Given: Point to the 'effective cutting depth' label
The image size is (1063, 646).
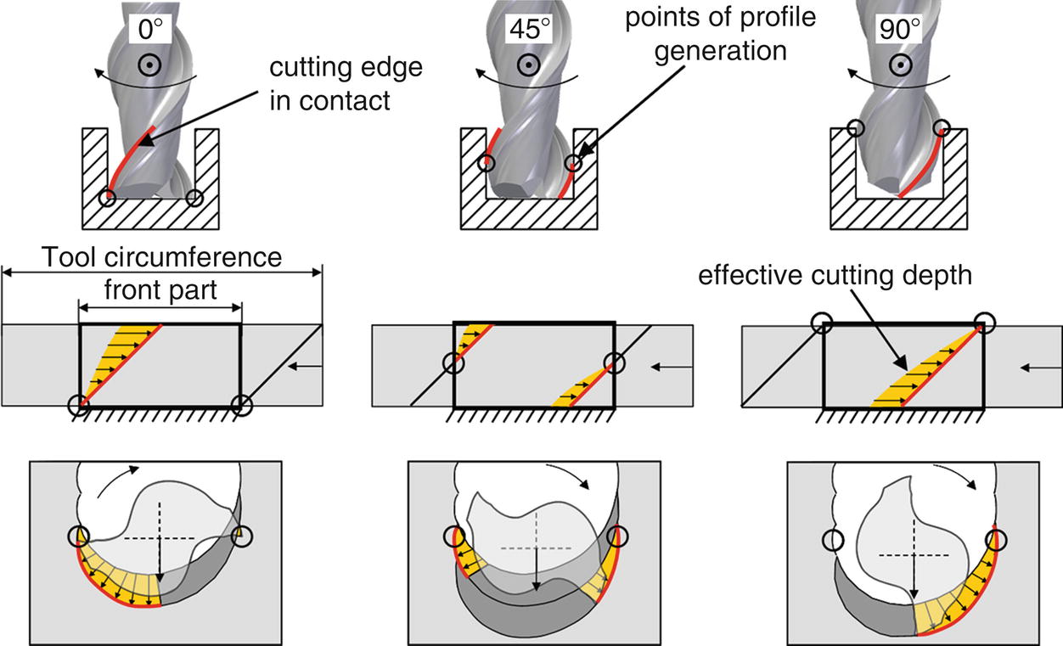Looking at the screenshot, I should (834, 276).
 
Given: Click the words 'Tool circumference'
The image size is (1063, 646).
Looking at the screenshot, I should (163, 257).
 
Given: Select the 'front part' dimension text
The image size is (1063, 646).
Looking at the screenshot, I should (160, 289).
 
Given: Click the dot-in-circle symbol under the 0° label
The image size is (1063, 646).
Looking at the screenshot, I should (149, 65).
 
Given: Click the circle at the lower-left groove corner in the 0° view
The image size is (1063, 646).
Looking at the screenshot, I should (107, 198).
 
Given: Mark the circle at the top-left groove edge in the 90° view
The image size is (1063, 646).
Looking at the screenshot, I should (856, 129).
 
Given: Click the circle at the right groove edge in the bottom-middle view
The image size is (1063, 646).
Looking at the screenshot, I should (619, 537).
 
